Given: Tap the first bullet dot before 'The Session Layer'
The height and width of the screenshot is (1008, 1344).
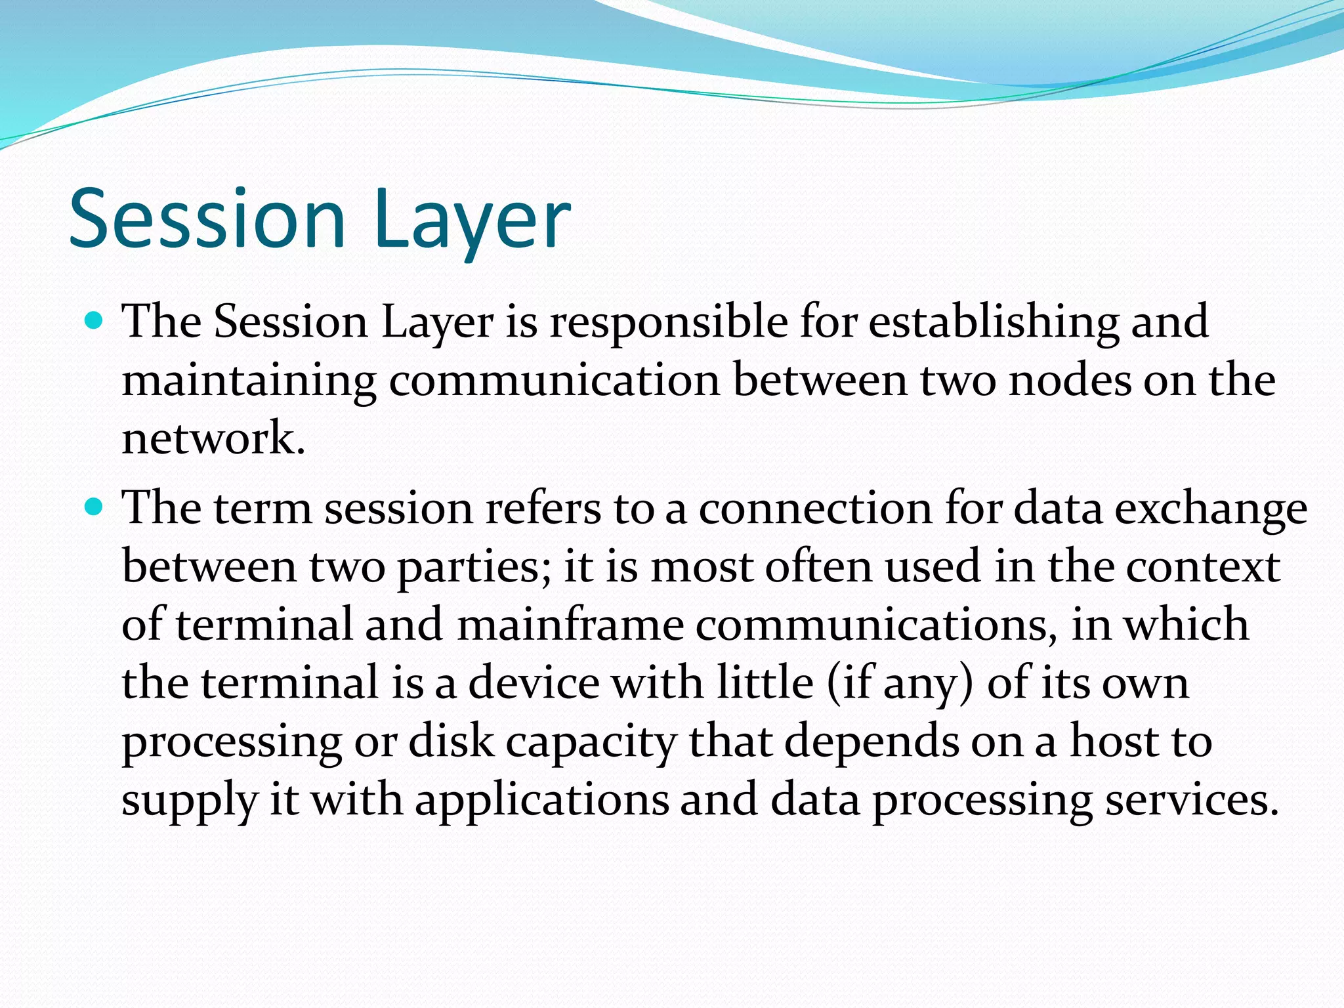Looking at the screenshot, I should pos(95,321).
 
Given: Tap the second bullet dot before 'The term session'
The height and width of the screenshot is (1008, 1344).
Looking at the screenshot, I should pos(95,507).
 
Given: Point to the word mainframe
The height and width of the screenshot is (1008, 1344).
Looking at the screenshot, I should pos(570,625).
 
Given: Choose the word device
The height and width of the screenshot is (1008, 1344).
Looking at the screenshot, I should pos(534,682).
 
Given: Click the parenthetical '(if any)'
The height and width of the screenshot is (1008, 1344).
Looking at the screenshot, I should pos(900,684).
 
